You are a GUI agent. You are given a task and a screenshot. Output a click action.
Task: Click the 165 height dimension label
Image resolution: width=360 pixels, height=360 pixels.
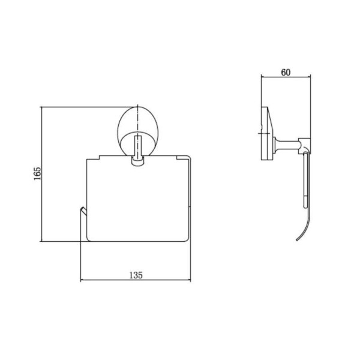[37, 173]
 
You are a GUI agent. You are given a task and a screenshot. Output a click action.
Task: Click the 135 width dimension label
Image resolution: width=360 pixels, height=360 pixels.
[136, 275]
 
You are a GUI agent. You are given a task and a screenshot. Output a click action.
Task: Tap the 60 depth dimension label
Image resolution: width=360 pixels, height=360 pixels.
[286, 73]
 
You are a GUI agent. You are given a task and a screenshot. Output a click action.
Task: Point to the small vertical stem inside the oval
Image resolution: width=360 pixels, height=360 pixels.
[137, 146]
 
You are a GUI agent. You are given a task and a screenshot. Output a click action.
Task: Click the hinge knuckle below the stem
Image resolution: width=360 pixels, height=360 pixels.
[137, 161]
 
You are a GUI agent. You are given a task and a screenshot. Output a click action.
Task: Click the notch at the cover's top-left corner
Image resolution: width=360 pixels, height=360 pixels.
[99, 157]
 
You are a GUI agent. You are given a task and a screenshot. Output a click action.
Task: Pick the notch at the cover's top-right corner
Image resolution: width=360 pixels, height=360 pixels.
[178, 157]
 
